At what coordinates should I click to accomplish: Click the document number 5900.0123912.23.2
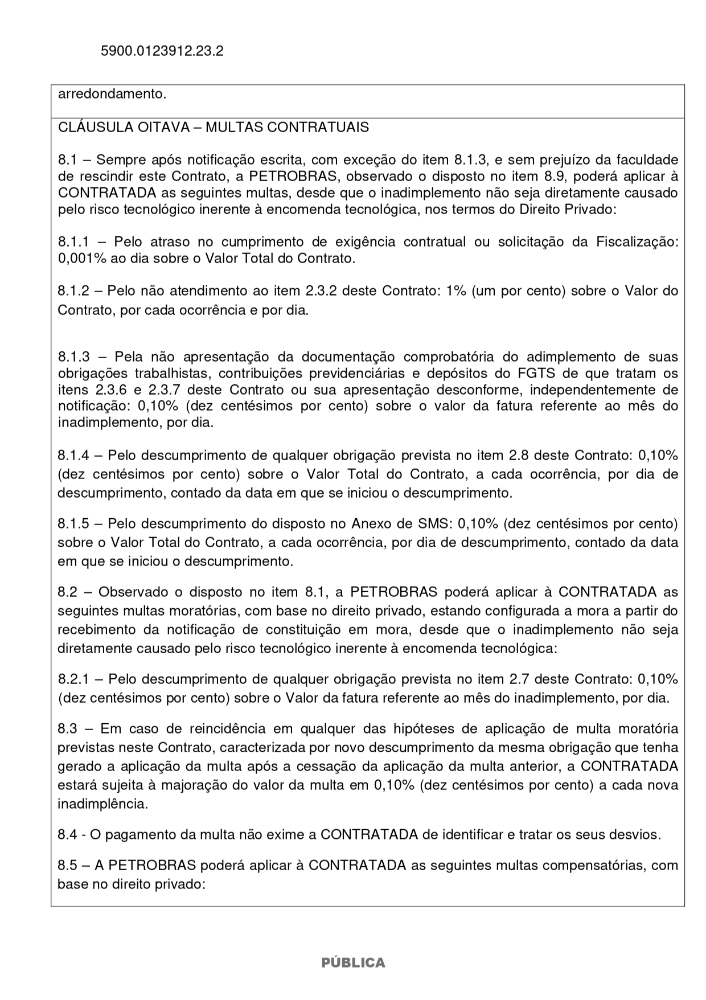(x=162, y=49)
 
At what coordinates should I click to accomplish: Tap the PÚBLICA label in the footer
(x=353, y=963)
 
